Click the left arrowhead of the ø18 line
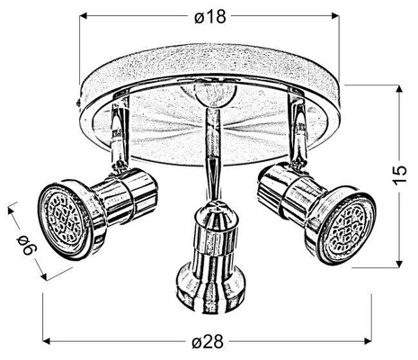point(85,15)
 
